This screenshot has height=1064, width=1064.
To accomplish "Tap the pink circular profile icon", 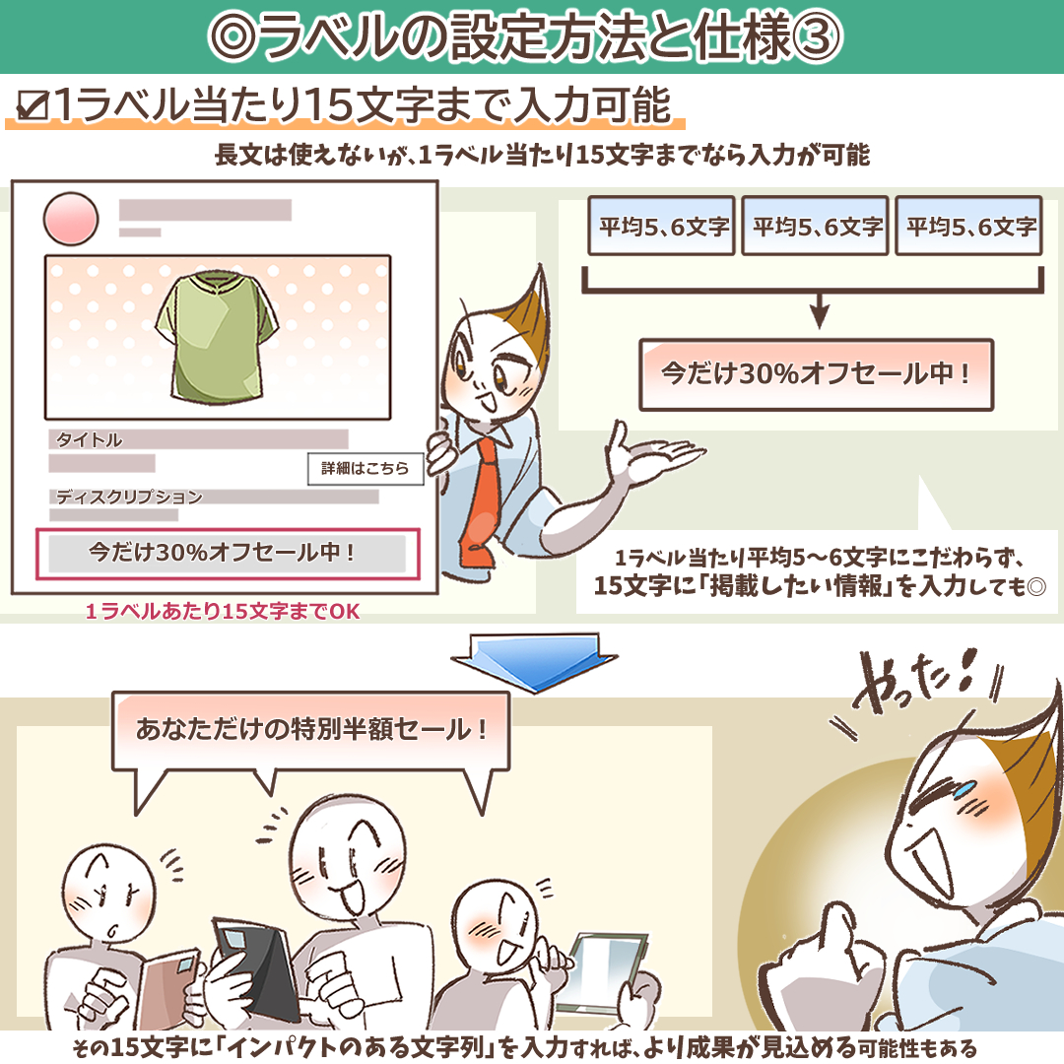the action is (x=71, y=219).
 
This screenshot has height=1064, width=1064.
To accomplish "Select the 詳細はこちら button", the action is (x=366, y=468).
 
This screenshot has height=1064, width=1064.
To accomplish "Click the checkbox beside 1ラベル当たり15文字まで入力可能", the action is (x=33, y=105).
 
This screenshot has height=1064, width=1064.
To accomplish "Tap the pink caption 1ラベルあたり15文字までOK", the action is (x=223, y=612).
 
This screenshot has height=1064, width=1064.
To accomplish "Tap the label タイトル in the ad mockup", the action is (x=89, y=439).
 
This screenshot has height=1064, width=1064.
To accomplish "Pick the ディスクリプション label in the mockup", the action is (x=129, y=497).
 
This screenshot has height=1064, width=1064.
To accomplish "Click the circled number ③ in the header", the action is (x=817, y=36).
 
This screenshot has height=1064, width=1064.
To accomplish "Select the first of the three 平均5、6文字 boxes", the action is (x=662, y=226).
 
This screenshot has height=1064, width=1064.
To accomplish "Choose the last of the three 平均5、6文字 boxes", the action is (x=969, y=226).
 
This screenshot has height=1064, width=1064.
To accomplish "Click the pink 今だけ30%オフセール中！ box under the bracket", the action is (x=817, y=374).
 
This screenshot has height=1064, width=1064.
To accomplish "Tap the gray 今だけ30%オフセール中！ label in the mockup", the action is (x=228, y=553).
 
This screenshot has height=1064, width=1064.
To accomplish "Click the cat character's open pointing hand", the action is (x=650, y=453).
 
